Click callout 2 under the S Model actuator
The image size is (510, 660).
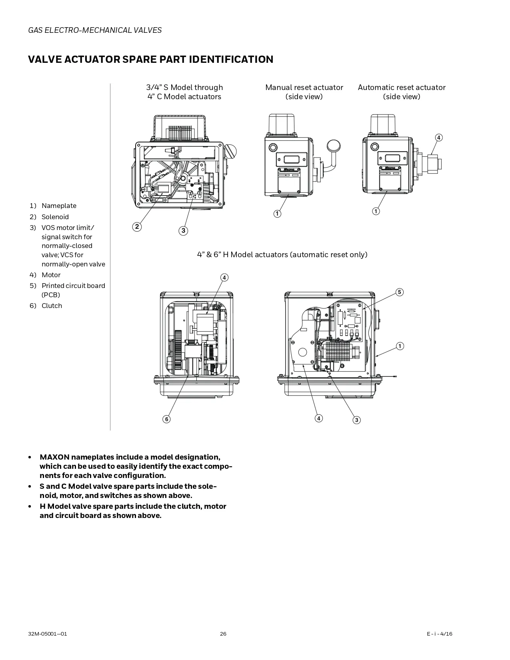[137, 226]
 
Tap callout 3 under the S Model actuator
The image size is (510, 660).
[183, 230]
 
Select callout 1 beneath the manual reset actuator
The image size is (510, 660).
[277, 214]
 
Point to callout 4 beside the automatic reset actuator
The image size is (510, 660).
[439, 138]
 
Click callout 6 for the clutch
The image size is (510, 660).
[166, 419]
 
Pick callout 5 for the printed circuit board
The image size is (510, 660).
[400, 292]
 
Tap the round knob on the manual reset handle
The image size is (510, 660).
[334, 146]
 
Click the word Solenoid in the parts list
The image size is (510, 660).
[55, 217]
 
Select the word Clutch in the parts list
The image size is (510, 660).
[52, 306]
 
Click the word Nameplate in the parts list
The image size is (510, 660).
[59, 206]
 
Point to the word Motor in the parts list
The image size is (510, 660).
[51, 275]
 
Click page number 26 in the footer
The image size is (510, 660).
[223, 634]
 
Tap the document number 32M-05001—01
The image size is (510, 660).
[47, 634]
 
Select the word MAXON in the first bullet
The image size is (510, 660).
[55, 457]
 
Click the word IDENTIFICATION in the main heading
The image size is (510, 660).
[231, 59]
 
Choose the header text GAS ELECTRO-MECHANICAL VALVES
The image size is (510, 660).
[95, 30]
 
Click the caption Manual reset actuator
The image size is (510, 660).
[304, 88]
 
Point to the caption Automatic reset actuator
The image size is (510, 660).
[402, 88]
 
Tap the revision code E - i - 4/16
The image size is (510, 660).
[440, 634]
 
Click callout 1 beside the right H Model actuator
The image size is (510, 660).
[400, 346]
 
